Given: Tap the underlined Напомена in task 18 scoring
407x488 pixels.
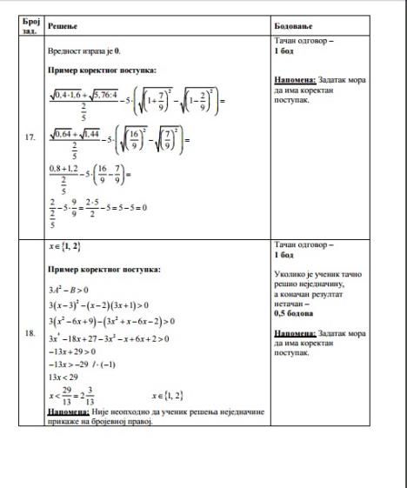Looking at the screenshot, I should pos(294,332).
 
